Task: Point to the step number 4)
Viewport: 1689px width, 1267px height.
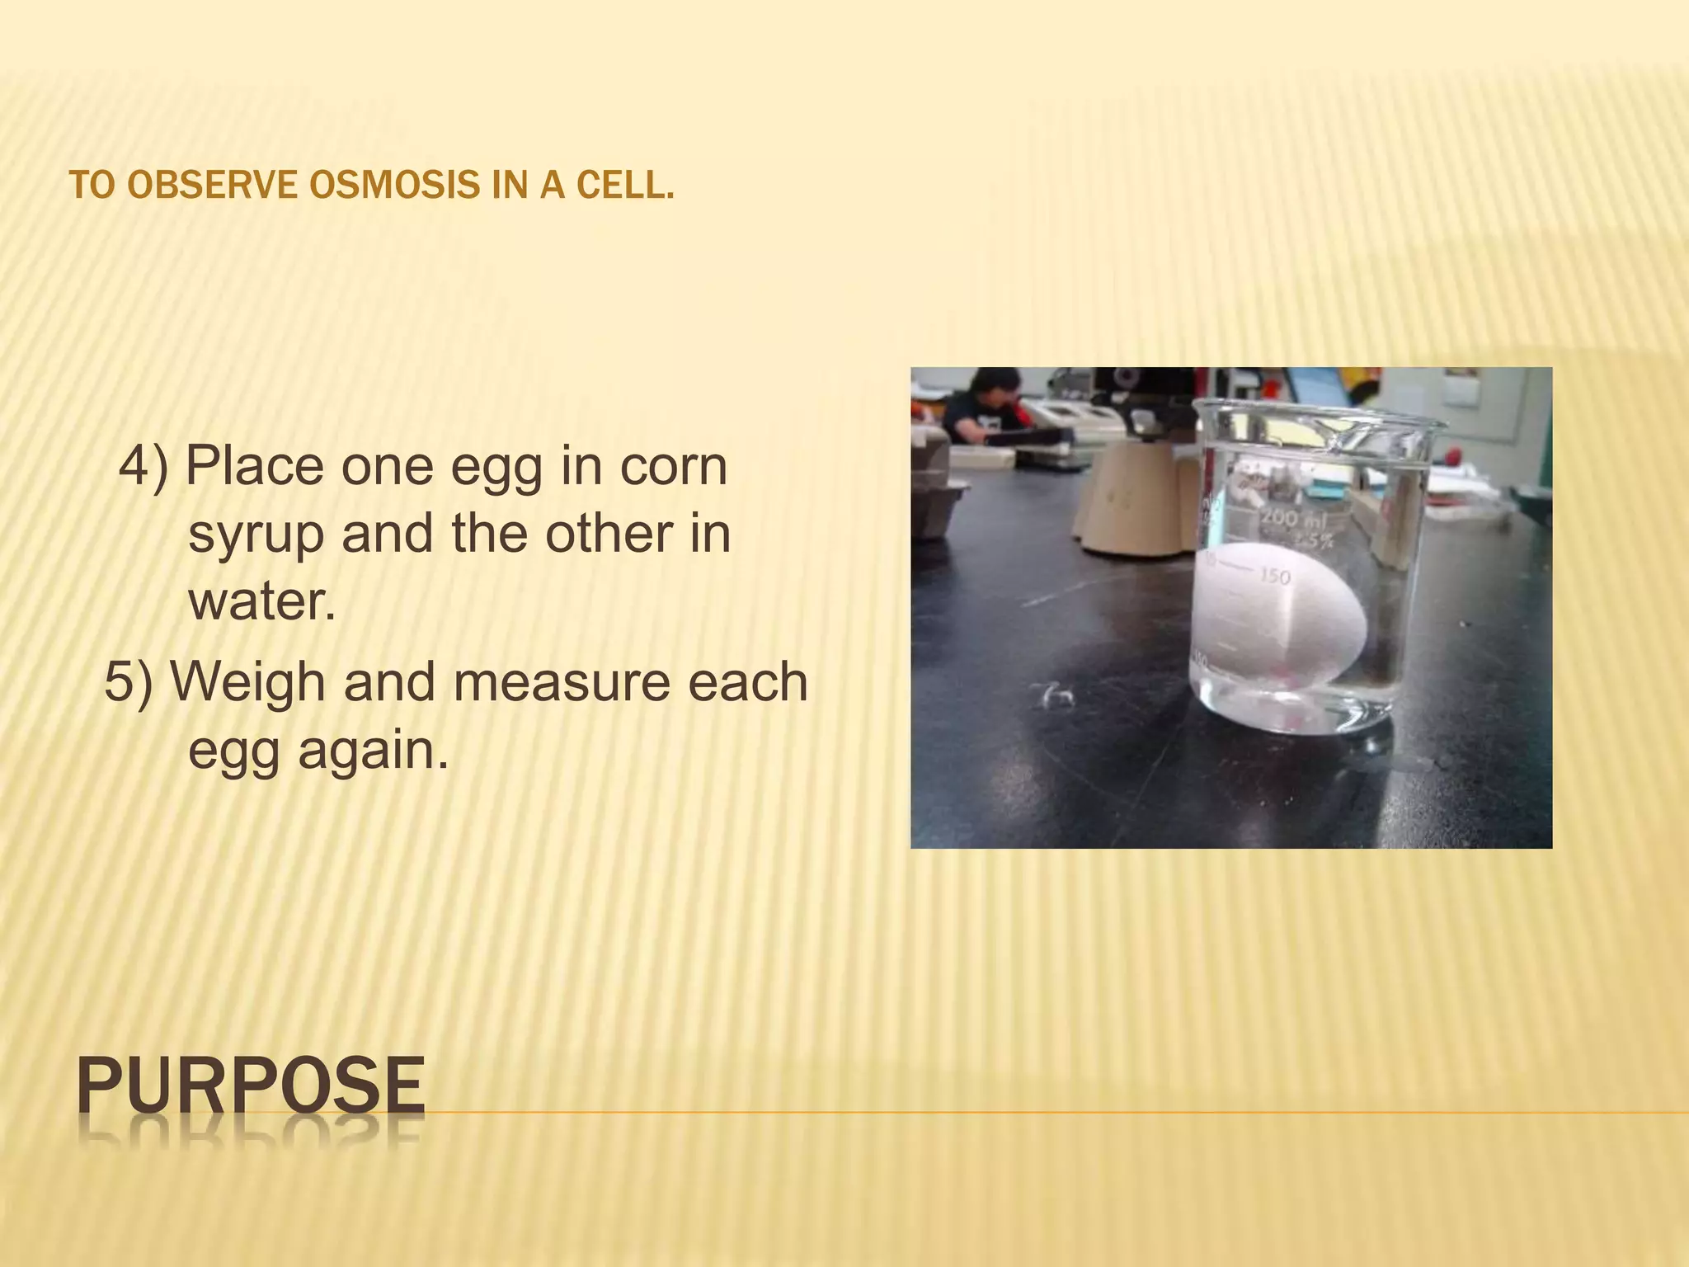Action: (143, 467)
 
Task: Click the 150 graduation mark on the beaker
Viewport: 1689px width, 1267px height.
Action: (1275, 575)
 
